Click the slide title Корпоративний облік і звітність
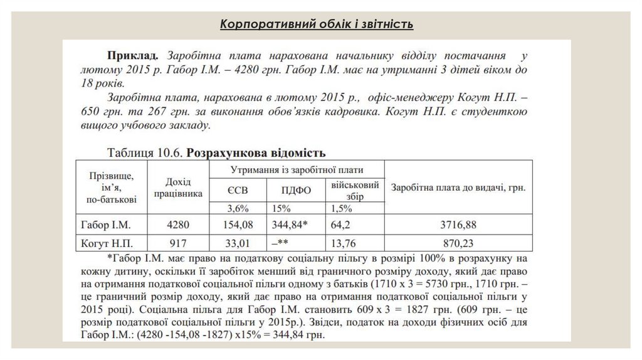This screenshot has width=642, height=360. [x=316, y=24]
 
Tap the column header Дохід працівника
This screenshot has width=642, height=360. [x=179, y=187]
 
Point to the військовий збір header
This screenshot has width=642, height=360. [x=355, y=190]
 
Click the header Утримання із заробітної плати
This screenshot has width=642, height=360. [x=297, y=170]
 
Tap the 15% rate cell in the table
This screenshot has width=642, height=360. [x=282, y=208]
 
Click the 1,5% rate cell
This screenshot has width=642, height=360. [x=340, y=208]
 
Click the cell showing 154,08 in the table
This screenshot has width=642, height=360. [x=236, y=224]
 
